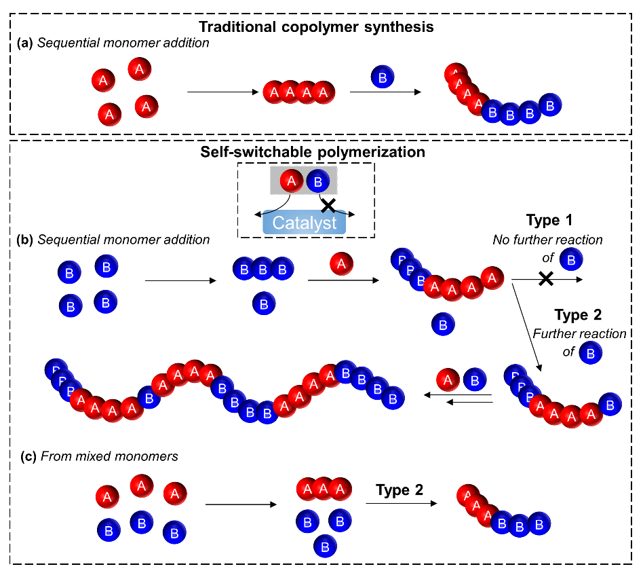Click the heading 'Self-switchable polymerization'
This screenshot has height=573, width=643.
tap(313, 152)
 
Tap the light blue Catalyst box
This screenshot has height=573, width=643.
tap(305, 222)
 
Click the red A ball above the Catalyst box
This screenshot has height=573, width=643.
tap(292, 181)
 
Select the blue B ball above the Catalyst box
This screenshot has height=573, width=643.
tap(317, 181)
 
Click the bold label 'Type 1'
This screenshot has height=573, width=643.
tap(549, 221)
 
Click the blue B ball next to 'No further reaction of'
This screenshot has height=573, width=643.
tap(572, 259)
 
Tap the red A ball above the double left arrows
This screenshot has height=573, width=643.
tap(448, 380)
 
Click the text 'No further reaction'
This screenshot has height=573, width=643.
tap(547, 240)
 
